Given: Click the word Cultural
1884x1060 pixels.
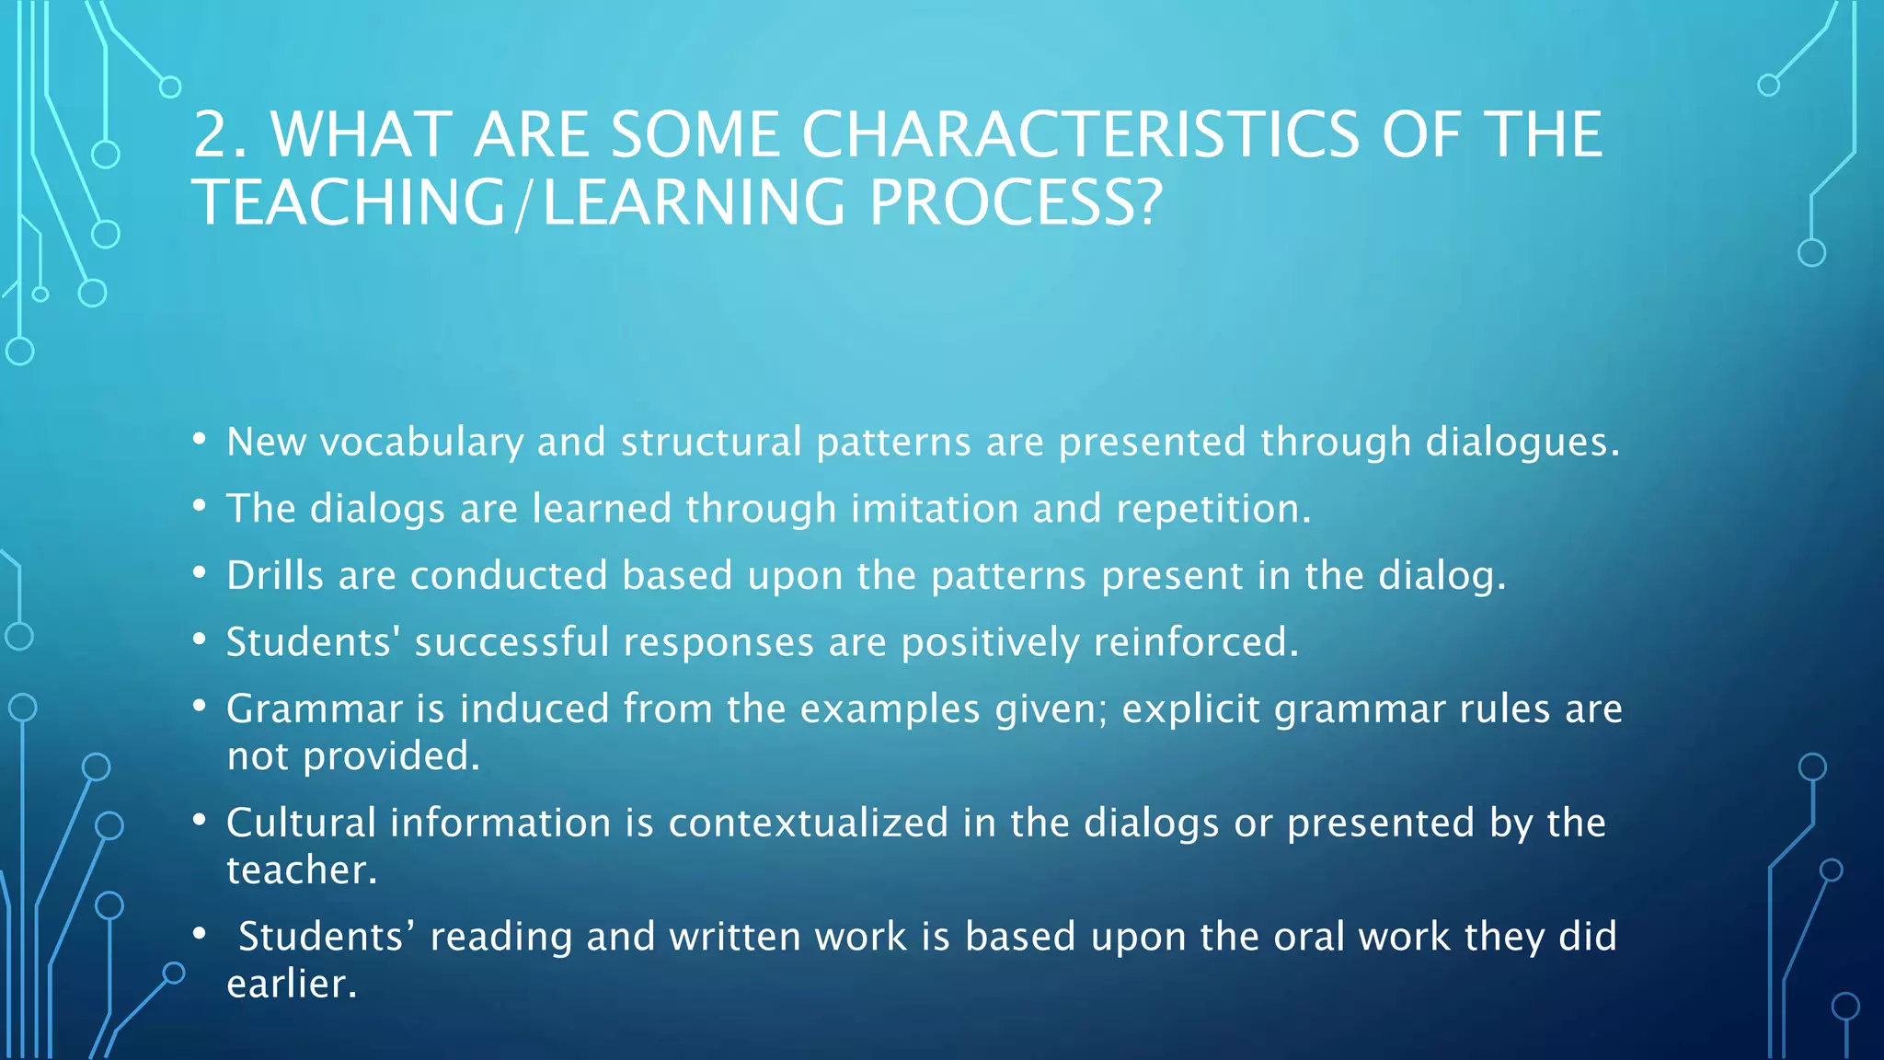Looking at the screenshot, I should pyautogui.click(x=301, y=823).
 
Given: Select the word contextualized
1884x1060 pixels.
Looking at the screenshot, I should pyautogui.click(x=808, y=823).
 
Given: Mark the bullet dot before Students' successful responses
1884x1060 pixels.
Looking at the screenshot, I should pyautogui.click(x=200, y=639).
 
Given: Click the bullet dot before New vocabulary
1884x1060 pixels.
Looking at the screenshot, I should pyautogui.click(x=200, y=439).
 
